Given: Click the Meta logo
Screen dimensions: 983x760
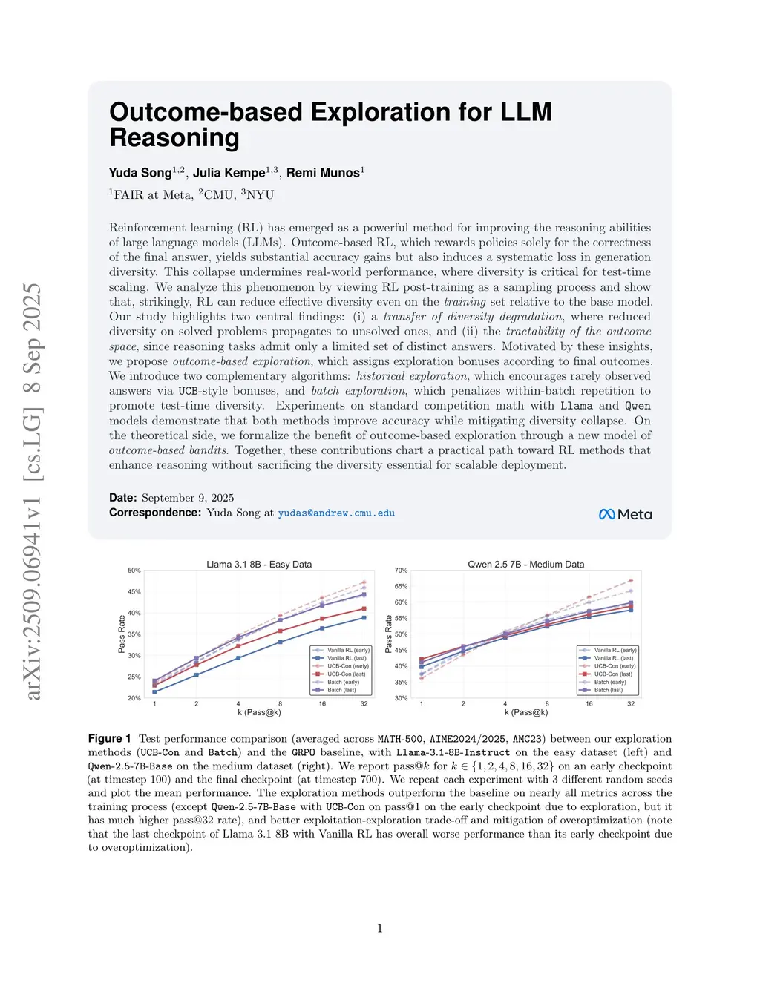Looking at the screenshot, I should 625,514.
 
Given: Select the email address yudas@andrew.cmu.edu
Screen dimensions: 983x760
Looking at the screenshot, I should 336,513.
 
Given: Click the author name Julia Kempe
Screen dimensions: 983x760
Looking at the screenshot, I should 229,173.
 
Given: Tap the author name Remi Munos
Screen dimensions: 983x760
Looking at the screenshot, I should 323,173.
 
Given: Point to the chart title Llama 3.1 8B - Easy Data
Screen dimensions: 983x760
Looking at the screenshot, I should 259,565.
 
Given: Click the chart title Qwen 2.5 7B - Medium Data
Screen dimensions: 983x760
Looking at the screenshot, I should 525,565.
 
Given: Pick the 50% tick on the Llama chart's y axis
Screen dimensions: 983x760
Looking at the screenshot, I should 134,571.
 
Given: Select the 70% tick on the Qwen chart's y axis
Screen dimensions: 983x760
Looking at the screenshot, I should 401,571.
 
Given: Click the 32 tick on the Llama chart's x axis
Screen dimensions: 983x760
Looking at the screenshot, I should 364,703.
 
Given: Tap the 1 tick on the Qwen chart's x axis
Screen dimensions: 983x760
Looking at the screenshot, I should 422,703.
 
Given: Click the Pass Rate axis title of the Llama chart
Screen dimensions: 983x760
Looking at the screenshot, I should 122,634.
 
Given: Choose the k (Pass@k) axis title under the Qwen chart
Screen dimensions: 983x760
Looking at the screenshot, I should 526,712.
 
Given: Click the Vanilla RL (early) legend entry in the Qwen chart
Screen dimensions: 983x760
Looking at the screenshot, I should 615,650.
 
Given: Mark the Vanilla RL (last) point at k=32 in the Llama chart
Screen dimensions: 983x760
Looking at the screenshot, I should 364,617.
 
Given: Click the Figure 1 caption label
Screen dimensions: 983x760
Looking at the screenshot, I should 110,739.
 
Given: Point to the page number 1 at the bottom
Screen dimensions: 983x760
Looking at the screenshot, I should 380,928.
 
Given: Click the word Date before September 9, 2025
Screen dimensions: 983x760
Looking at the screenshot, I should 122,498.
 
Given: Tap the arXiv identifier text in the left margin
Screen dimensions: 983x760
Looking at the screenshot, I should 33,491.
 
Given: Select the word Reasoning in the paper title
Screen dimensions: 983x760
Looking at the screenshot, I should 174,138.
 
